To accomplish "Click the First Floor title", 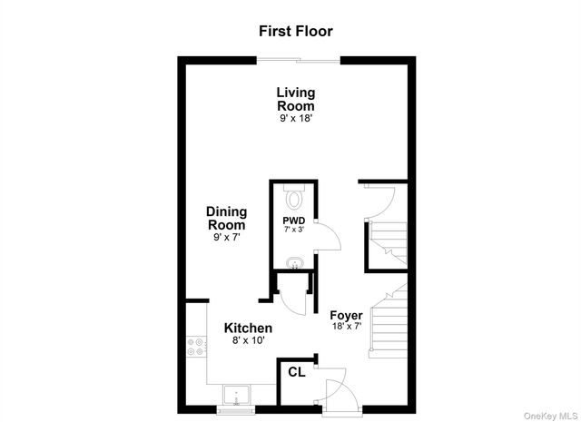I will pos(296,31).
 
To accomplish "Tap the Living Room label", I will pos(296,99).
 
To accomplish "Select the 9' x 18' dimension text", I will pos(296,119).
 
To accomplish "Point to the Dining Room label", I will pos(226,218).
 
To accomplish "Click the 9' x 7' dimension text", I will pos(226,238).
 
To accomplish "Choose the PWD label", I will pos(292,221).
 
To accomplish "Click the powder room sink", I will pos(293,264).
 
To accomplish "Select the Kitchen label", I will pos(249,328).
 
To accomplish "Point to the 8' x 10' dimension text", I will pos(249,342).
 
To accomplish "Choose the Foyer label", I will pos(346,315).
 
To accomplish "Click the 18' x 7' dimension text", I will pos(346,327).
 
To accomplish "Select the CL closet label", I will pos(296,372).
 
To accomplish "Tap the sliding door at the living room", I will pos(298,61).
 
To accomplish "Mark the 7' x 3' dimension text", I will pos(292,231).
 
